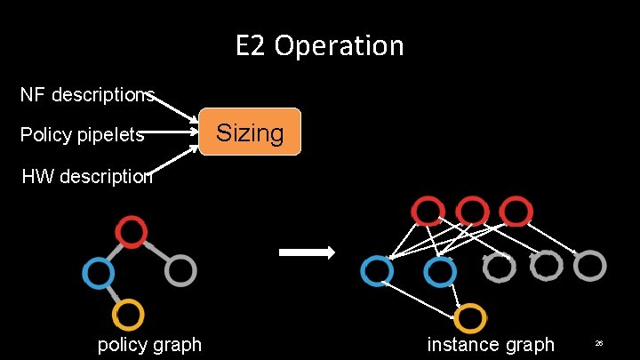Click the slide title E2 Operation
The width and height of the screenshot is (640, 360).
(319, 44)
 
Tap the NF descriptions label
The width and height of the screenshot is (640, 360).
(87, 94)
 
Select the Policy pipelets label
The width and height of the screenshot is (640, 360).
(82, 134)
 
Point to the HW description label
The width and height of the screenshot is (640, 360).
(87, 176)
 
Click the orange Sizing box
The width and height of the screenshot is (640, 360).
(251, 132)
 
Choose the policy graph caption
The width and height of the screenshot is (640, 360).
(149, 344)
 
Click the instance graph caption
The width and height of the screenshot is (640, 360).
(491, 344)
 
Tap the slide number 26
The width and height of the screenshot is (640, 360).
(599, 343)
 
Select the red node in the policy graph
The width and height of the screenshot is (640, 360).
(132, 231)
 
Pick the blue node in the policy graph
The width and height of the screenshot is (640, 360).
(98, 271)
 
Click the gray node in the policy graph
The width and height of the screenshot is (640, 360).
(180, 270)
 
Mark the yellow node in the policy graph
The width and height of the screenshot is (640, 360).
(128, 314)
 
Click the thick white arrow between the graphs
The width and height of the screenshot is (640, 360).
(307, 252)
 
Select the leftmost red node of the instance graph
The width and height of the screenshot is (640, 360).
(428, 212)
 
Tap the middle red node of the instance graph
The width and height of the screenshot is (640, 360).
(472, 212)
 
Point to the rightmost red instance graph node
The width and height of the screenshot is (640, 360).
(516, 212)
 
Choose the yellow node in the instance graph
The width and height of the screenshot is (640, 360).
(471, 317)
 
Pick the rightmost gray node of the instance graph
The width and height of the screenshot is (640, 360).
(591, 264)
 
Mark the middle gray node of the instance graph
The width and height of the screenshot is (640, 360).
(546, 264)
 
